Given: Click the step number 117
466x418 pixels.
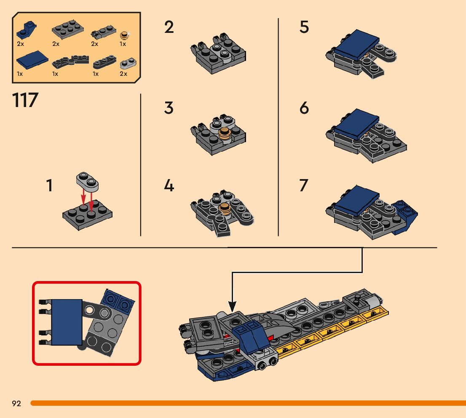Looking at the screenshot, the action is click(x=25, y=100).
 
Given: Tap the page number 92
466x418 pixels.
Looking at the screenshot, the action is click(x=16, y=403).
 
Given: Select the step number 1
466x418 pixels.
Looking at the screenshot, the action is click(x=49, y=185).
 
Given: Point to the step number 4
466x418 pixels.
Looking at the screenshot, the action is click(x=169, y=185).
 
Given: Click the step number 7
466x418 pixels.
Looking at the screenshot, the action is click(x=304, y=185).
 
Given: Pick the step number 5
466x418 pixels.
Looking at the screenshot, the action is click(x=304, y=27).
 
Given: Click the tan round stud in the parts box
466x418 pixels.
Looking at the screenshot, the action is click(x=124, y=35).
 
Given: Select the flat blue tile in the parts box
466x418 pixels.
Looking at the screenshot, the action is click(x=32, y=60).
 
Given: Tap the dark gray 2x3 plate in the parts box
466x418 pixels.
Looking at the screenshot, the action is click(x=67, y=29).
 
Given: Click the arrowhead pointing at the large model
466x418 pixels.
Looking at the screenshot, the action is click(x=232, y=306).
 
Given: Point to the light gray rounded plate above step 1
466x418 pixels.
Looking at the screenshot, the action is click(x=87, y=181).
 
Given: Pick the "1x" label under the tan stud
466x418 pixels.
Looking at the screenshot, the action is click(x=123, y=44).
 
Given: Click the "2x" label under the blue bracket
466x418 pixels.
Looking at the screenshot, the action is click(x=21, y=44).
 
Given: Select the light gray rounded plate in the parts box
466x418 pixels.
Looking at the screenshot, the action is click(x=128, y=63).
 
